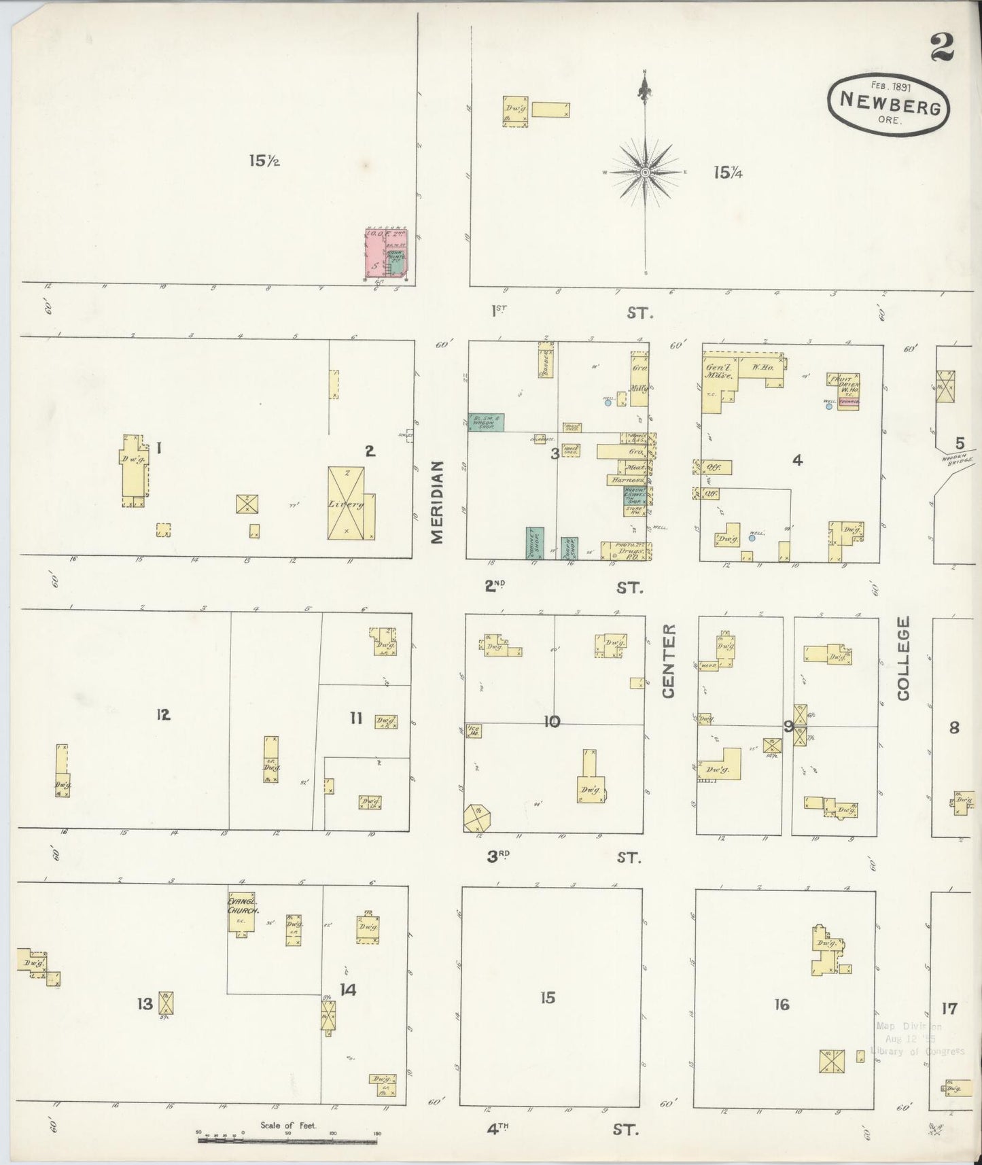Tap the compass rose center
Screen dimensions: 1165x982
click(644, 173)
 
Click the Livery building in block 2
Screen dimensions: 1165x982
click(346, 503)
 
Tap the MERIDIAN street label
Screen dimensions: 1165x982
click(437, 502)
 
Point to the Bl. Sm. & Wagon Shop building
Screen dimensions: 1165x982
click(486, 423)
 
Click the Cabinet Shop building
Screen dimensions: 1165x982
click(535, 542)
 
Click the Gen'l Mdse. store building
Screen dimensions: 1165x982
click(715, 384)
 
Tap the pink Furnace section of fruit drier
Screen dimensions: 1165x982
click(849, 402)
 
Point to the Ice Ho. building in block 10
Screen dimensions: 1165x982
click(474, 731)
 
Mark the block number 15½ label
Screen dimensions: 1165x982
click(264, 161)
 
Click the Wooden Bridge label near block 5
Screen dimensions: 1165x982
click(958, 460)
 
